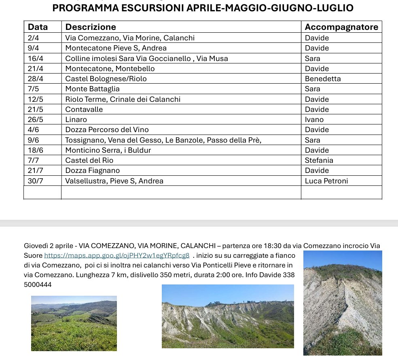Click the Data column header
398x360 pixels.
38,27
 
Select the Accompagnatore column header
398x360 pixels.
341,27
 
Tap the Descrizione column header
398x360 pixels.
91,27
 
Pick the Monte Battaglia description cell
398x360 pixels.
92,89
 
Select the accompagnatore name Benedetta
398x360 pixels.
322,78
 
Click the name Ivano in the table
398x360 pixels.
314,120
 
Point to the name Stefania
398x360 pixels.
319,160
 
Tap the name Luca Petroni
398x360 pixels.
326,181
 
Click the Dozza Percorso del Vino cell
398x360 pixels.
107,130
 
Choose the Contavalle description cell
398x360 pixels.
84,109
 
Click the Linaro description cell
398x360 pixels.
76,120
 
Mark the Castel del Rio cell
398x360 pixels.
89,160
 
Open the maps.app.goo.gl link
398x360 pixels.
116,255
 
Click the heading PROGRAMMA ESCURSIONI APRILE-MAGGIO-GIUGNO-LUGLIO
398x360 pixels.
203,8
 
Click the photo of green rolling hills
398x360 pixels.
74,323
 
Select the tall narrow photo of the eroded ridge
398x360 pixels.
343,303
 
